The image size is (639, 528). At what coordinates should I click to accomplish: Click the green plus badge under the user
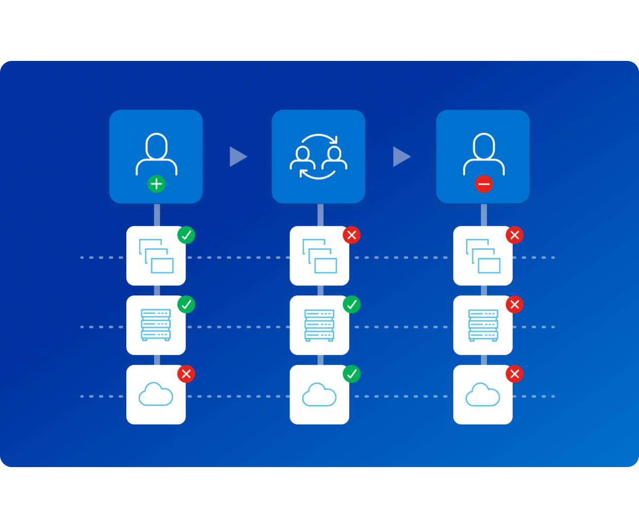coord(157,184)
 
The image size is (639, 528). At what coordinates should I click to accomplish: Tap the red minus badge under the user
coord(484,184)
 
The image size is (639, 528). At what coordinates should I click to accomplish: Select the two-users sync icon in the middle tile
coord(318,156)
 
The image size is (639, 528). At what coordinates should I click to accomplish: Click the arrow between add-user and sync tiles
coord(237,156)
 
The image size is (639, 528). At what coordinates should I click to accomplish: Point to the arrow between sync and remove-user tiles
coord(401,156)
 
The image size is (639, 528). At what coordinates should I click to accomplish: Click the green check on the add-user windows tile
coord(186,235)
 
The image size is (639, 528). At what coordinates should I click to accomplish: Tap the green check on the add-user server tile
coord(186,305)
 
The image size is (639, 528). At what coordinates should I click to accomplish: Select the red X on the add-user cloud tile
coord(186,374)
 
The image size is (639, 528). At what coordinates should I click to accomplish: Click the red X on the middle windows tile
coord(351,235)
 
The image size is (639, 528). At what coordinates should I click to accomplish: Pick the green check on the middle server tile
coord(351,305)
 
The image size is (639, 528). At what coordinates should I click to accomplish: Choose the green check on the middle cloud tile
coord(351,374)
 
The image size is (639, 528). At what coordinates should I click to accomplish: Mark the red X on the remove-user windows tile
coord(514,235)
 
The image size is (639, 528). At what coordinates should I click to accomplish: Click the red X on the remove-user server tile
coord(514,305)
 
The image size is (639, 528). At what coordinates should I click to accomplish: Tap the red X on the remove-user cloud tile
coord(514,374)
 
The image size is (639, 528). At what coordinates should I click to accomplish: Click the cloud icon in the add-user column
coord(156,395)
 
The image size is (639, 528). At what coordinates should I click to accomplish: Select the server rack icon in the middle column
coord(319,325)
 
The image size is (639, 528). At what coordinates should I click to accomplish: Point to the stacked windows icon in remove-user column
coord(483,256)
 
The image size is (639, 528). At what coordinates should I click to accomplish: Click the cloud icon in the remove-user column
coord(483,395)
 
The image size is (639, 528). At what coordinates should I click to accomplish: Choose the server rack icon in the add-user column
coord(156,325)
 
